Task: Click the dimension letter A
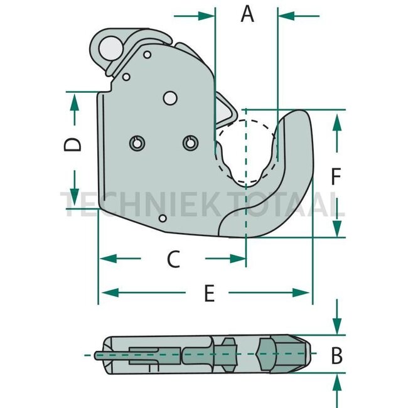(x=248, y=14)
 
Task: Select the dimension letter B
(x=337, y=356)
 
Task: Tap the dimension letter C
(x=173, y=258)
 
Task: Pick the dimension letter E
(x=210, y=293)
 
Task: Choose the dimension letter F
(x=336, y=178)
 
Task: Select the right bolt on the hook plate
(x=190, y=143)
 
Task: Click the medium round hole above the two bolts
(x=169, y=98)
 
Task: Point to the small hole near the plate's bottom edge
(x=163, y=218)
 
